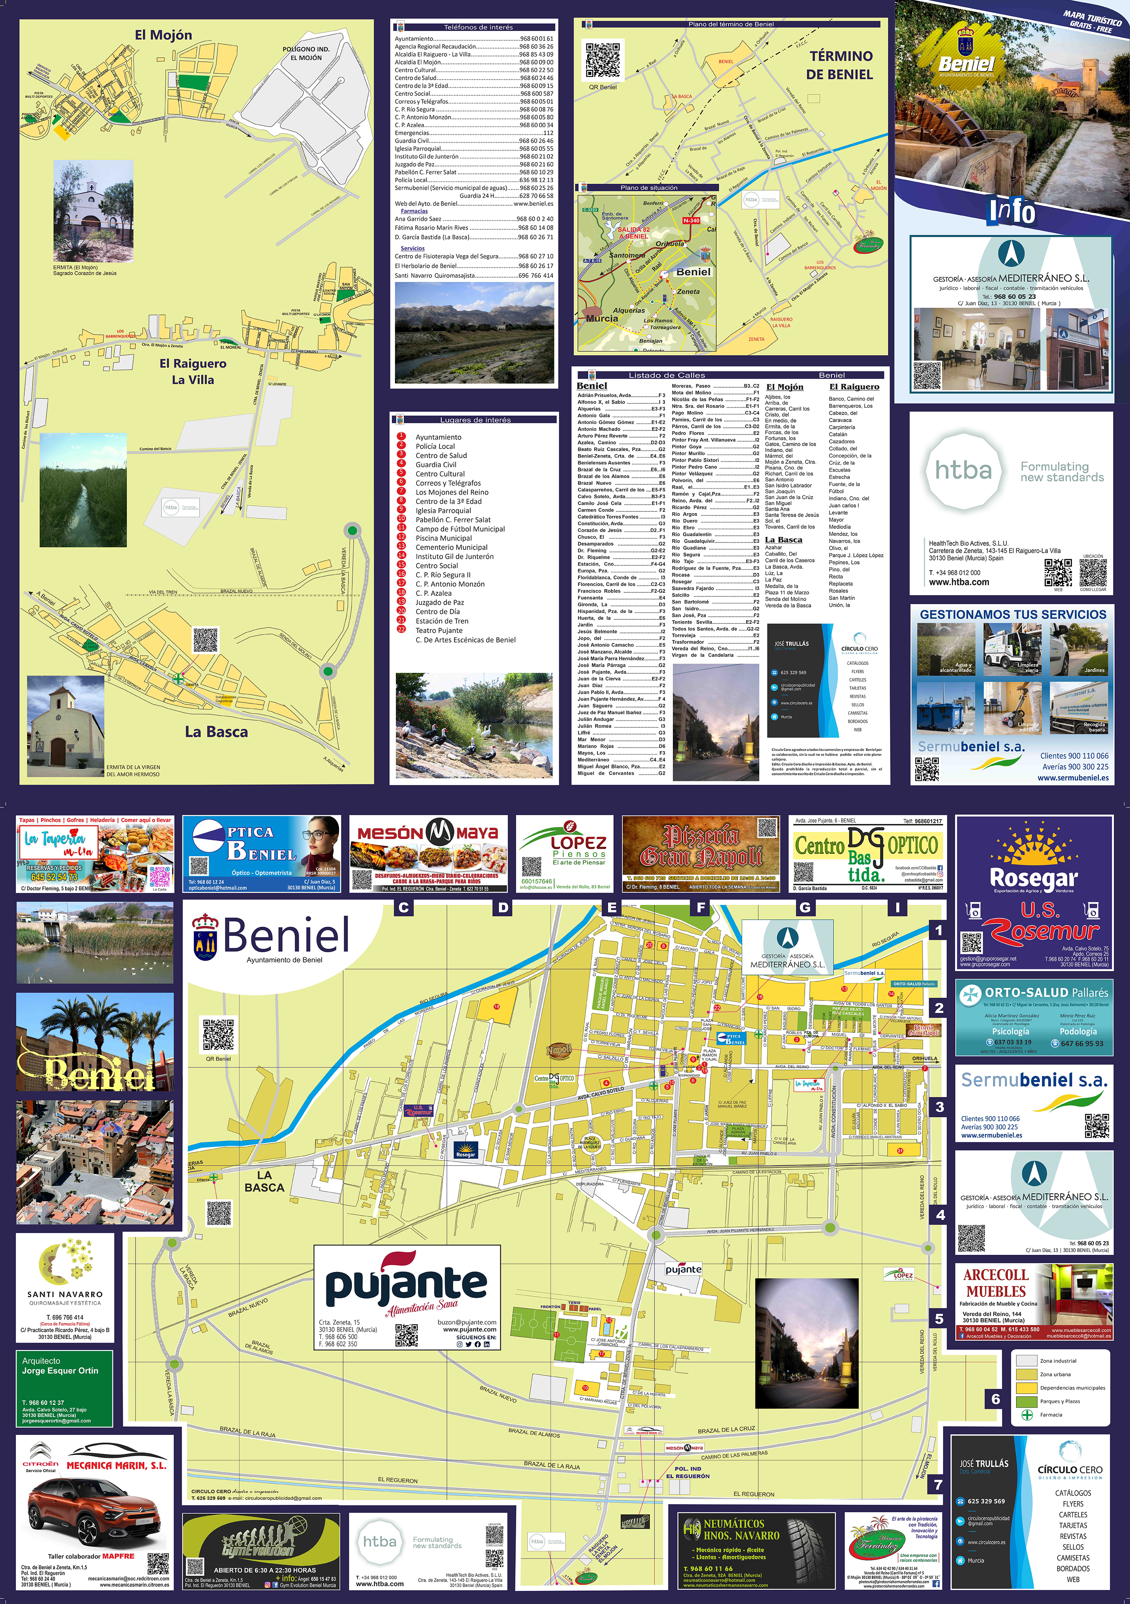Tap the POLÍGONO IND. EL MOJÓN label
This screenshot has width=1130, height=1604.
tap(306, 54)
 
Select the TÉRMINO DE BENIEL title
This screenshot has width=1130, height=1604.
tap(840, 65)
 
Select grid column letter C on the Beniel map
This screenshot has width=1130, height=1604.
tap(404, 908)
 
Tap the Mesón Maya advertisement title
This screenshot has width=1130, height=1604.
tap(427, 833)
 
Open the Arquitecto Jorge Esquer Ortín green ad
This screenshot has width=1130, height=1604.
tap(64, 1388)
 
